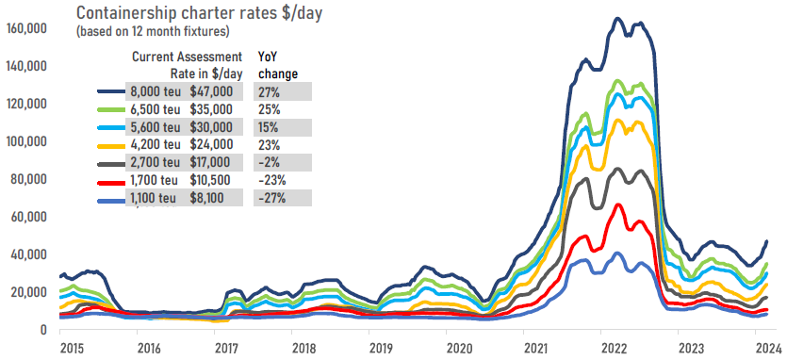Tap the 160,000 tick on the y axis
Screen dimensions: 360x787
point(29,28)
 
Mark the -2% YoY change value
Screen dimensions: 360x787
point(271,162)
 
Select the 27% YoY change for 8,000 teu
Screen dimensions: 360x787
point(270,91)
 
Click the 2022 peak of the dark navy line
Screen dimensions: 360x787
point(616,18)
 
